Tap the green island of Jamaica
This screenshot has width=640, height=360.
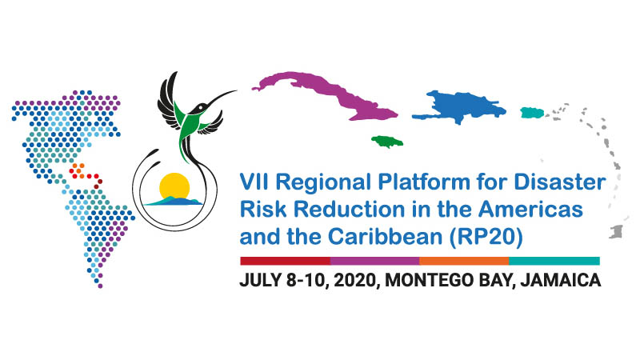(x=387, y=142)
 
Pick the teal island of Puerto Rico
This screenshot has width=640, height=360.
(x=532, y=113)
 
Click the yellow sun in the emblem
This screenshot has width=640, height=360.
(x=174, y=186)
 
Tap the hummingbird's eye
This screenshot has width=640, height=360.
(x=201, y=108)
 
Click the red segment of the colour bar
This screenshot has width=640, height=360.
(x=285, y=261)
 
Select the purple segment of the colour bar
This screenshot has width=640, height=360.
(x=374, y=261)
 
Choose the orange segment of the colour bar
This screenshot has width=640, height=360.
(x=464, y=261)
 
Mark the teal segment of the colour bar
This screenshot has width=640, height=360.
(x=554, y=261)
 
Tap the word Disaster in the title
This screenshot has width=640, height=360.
(x=559, y=182)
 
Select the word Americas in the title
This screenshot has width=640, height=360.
(x=530, y=210)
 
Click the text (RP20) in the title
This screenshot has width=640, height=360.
(x=486, y=237)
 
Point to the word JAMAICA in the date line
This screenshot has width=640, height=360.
(x=561, y=281)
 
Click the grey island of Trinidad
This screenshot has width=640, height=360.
(x=616, y=232)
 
